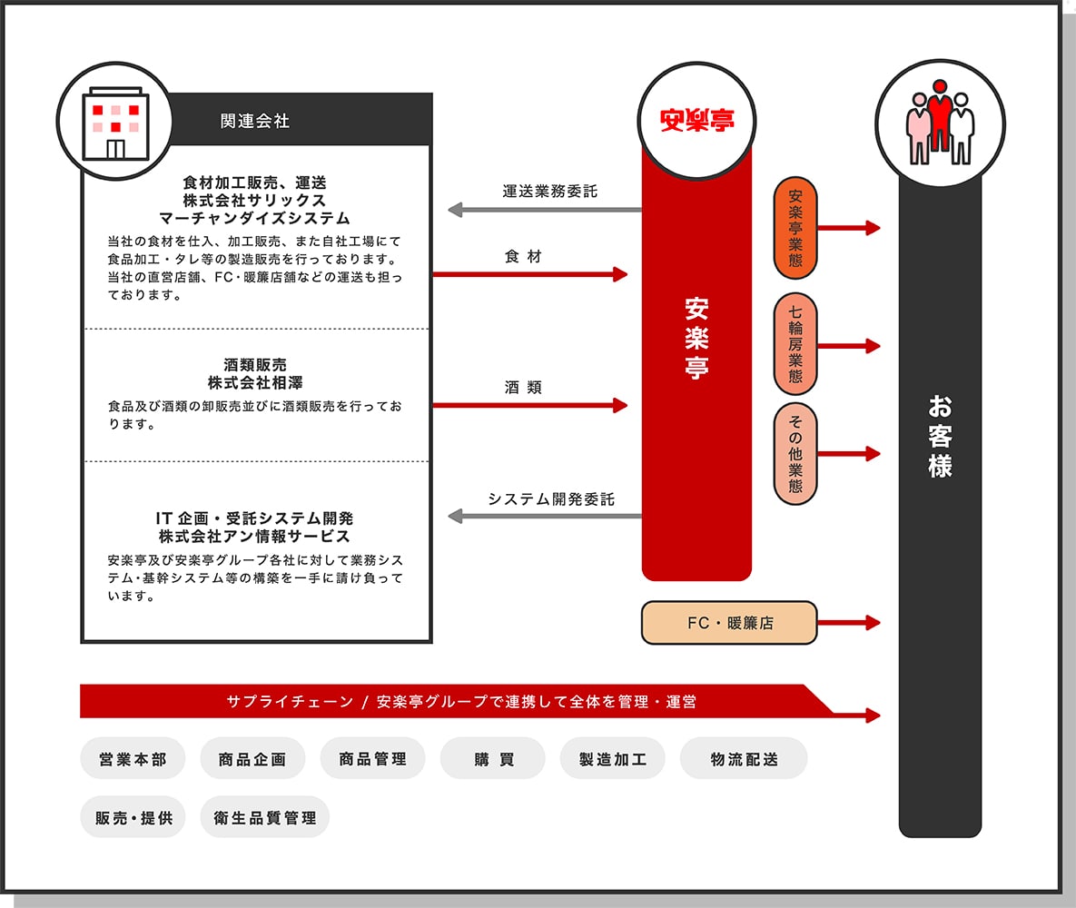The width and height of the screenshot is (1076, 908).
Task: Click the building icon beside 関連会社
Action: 115,123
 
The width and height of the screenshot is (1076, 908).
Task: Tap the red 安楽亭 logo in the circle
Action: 696,120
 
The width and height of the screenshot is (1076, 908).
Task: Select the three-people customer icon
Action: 940,123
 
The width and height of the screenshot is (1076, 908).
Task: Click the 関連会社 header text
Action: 254,121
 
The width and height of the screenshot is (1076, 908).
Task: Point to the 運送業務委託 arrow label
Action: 549,191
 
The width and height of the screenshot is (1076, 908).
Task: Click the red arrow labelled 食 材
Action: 529,274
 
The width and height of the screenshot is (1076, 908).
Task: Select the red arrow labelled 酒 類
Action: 529,406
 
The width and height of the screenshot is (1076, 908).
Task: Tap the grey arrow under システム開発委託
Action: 545,516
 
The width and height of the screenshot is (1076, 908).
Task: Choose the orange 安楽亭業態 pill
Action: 795,228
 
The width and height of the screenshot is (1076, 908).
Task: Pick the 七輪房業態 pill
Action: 795,344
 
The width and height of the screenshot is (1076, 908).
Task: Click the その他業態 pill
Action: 795,454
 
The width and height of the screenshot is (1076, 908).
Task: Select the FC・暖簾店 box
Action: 729,623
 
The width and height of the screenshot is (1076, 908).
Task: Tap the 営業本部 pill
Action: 133,758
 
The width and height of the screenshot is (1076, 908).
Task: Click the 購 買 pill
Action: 493,758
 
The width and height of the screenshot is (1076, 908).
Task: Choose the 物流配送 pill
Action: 744,758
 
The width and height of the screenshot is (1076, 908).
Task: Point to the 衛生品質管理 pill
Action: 265,816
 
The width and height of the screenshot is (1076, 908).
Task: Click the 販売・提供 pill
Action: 133,816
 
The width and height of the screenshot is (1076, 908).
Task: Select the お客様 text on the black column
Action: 940,436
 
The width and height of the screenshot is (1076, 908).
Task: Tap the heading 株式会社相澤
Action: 255,382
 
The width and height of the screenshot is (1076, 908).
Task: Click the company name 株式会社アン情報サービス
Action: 254,536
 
